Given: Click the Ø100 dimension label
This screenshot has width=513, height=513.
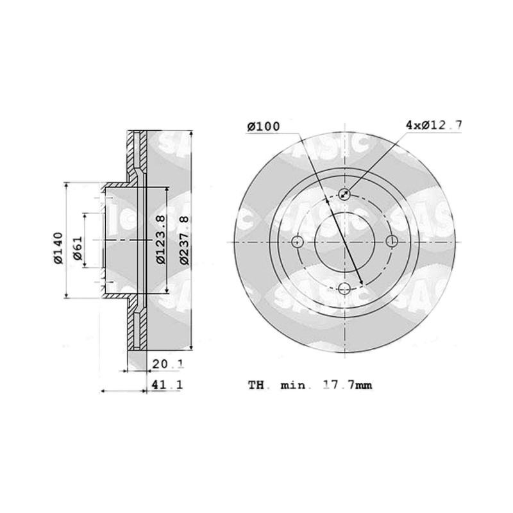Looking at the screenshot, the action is pos(264,126).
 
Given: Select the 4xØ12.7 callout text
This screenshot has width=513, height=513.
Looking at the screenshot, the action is pos(433,124).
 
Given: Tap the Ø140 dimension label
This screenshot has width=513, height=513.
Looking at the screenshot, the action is pos(58,248).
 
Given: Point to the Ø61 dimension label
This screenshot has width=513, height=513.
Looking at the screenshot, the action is pos(78,248).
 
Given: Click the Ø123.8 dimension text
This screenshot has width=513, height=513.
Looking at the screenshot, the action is pos(161,239).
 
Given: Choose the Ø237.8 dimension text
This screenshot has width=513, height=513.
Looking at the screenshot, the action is pos(185,240).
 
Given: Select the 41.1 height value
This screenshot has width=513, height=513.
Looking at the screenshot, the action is pos(167,385).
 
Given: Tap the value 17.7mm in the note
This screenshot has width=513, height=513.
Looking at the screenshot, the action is pos(348,385).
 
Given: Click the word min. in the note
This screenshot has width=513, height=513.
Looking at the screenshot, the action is pos(293,385).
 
